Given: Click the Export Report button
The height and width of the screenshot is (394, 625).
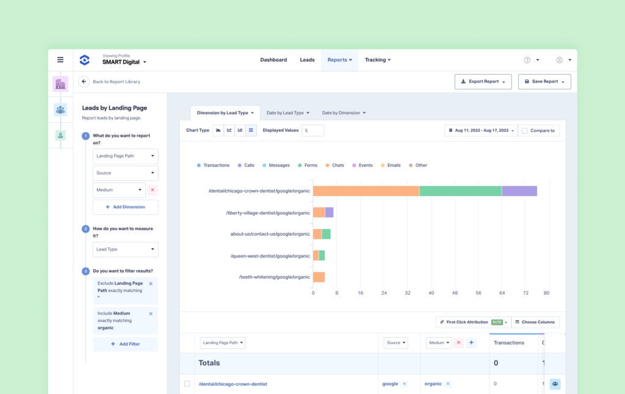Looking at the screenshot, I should click(483, 81).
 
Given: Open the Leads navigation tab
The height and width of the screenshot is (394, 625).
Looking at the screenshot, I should click(307, 60).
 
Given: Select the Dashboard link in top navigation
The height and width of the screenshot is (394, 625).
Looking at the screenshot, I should click(273, 60).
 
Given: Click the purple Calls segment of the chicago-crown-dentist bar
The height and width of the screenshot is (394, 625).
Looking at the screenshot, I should click(519, 191).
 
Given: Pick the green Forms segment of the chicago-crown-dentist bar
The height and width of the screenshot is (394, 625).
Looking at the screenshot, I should click(461, 191).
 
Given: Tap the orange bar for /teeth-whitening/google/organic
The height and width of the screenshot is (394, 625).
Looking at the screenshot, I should click(319, 277).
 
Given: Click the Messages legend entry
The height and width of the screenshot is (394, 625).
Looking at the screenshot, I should click(276, 165).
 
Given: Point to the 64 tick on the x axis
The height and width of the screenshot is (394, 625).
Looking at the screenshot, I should click(502, 293).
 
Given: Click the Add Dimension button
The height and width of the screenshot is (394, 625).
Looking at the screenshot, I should click(125, 207).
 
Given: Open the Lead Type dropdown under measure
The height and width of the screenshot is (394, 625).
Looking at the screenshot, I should click(125, 249).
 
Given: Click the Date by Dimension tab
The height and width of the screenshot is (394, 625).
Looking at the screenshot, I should click(344, 113).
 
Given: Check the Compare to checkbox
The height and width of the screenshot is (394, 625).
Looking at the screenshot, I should click(524, 131).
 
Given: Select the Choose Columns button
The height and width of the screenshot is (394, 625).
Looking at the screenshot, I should click(535, 322).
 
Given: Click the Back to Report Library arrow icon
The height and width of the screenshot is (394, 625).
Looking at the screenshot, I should click(84, 81).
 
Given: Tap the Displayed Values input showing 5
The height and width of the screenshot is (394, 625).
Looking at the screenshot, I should click(312, 130).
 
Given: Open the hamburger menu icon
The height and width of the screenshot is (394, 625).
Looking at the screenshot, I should click(60, 60).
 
